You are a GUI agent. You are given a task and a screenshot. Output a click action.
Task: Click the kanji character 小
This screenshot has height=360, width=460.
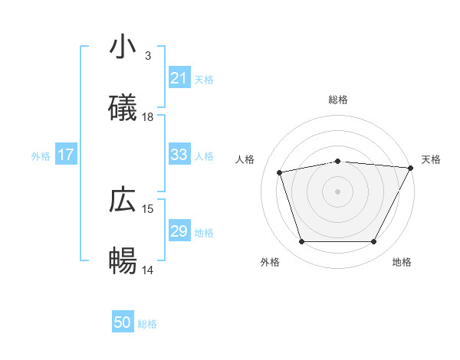coord(123,47)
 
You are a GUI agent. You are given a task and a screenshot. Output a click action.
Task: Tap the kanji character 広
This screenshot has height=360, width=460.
coord(123,201)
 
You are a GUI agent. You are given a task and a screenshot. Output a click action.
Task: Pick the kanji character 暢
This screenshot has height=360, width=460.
coord(123,261)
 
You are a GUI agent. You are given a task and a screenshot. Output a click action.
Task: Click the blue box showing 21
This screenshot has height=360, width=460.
coord(179,78)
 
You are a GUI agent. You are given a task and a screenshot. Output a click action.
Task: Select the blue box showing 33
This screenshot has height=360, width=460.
coord(179,155)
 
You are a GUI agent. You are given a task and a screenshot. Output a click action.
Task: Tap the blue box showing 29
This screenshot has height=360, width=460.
coord(179,231)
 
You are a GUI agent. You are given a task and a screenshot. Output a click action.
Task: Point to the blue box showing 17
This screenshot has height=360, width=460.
coord(66,155)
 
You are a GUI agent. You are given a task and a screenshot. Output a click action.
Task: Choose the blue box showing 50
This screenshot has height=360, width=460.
coord(123,322)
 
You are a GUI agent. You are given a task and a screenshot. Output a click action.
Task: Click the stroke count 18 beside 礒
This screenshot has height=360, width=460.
coord(148,117)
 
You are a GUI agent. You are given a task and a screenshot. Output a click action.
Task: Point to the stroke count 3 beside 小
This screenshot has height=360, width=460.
coord(148,56)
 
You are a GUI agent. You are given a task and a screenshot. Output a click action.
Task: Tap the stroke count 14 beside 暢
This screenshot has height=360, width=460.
coord(148,270)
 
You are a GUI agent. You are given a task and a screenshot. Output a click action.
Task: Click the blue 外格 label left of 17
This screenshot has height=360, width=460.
coord(41,155)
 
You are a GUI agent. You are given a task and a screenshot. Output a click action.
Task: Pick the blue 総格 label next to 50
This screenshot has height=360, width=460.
coord(147,323)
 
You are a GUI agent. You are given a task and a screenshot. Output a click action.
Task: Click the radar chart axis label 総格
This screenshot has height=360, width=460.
coord(338,100)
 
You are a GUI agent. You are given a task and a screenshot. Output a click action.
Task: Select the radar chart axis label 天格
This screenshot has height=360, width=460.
coord(431,159)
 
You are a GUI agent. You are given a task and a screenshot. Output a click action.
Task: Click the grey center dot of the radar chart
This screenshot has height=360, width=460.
coord(338,191)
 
